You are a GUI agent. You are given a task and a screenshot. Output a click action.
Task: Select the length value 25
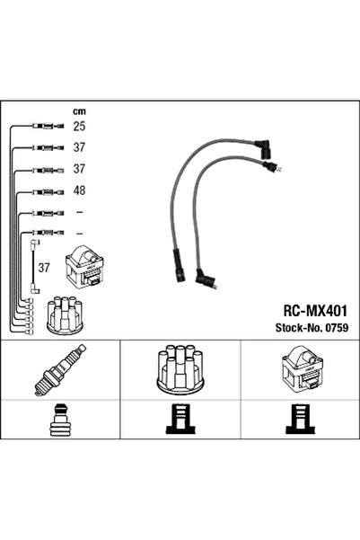click(78, 127)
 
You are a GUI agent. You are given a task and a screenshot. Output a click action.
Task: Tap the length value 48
click(78, 190)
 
